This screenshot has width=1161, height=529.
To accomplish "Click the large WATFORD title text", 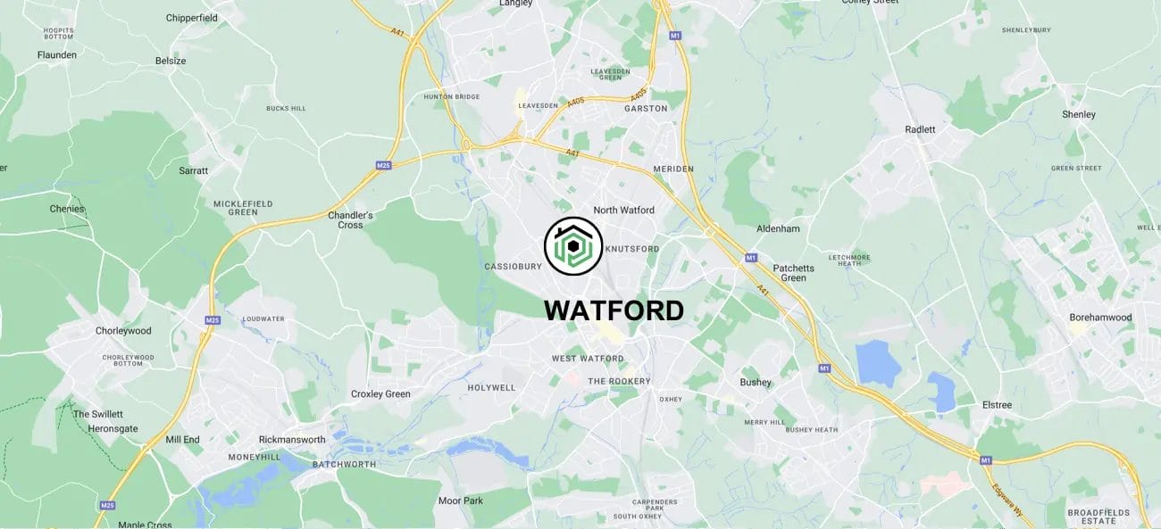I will (614, 310).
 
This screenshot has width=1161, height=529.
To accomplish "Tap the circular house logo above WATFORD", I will (573, 246).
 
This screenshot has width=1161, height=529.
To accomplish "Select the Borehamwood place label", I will (1100, 318).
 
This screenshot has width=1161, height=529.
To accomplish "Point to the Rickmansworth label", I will (292, 440).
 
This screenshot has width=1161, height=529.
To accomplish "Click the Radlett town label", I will (920, 129).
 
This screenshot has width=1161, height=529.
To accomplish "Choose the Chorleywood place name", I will (123, 331).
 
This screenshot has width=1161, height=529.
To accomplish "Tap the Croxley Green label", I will (380, 394).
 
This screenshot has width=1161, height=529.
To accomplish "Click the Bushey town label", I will (755, 383).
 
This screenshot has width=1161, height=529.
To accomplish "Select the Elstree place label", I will (997, 405).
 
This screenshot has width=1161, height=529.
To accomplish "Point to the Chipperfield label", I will (191, 18).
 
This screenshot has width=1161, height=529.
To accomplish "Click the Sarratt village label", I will (193, 170).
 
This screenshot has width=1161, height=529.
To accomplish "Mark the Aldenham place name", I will (778, 229).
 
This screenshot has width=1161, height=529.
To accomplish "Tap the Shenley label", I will (1078, 115).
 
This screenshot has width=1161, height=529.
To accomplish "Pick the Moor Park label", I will (460, 501).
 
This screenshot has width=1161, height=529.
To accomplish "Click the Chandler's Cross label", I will (350, 219).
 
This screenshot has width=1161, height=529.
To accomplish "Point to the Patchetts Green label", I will (793, 273).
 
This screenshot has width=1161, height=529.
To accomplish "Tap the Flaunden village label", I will (57, 55).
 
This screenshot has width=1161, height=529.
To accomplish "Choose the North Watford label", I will (623, 211).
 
